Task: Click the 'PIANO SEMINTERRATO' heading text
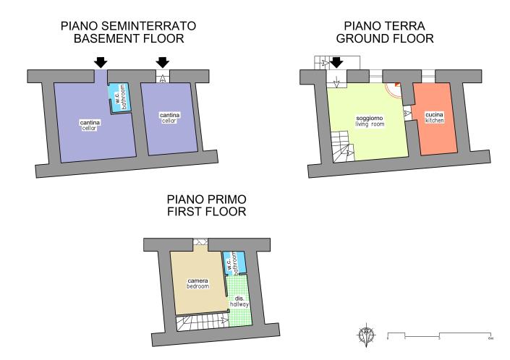(x=129, y=26)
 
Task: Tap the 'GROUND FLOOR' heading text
(x=385, y=38)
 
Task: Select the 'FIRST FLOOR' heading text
(x=207, y=211)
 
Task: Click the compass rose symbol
(x=367, y=335)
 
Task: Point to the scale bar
(x=439, y=335)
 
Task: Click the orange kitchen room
(x=435, y=119)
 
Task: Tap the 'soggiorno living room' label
(x=370, y=121)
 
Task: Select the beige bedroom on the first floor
(x=198, y=282)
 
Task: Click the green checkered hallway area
(x=240, y=301)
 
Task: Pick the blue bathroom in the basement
(x=119, y=98)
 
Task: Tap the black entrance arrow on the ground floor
(x=336, y=62)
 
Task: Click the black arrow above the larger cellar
(x=101, y=62)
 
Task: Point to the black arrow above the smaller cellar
(x=163, y=62)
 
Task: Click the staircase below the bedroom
(x=203, y=322)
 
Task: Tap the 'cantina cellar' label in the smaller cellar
(x=169, y=118)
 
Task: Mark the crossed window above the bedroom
(x=200, y=241)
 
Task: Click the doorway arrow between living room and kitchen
(x=407, y=113)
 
